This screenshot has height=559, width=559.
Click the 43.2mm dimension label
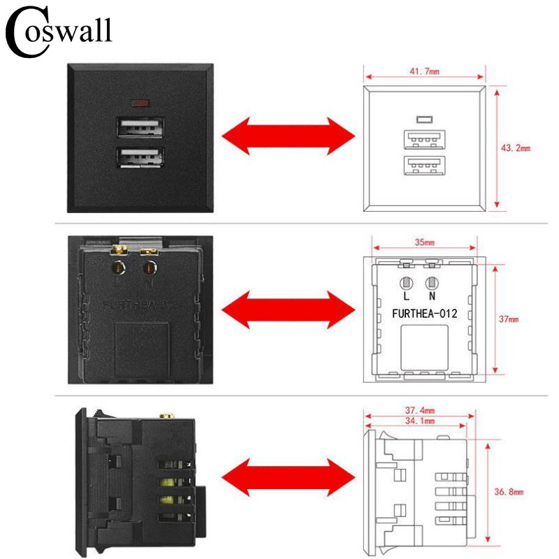(516, 148)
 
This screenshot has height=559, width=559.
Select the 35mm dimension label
(424, 243)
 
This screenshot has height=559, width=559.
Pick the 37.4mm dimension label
(421, 410)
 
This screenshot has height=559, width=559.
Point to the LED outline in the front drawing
(423, 119)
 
